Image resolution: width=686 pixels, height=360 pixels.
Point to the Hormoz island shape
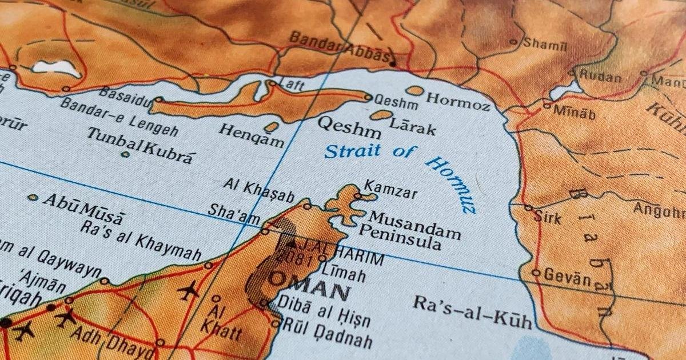(x=415, y=90)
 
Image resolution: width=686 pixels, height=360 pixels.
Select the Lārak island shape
(x=381, y=115)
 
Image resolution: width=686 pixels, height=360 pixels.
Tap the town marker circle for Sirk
(x=528, y=208)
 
